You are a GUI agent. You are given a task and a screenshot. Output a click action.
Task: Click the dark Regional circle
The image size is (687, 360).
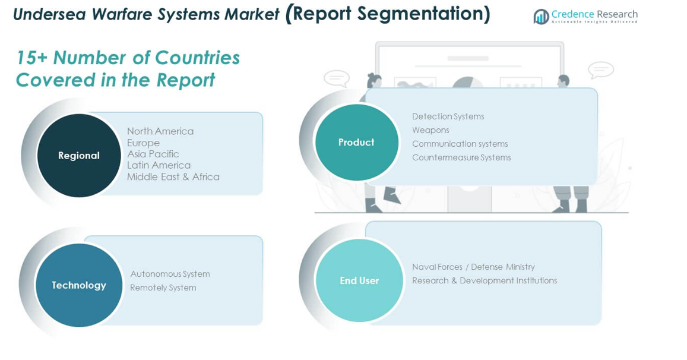pyautogui.click(x=79, y=156)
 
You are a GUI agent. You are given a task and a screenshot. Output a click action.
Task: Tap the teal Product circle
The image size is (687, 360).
pyautogui.click(x=356, y=143)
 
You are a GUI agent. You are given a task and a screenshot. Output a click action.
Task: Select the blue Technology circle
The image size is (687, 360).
pyautogui.click(x=79, y=285)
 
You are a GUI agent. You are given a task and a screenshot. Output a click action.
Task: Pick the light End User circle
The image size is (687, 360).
pyautogui.click(x=359, y=280)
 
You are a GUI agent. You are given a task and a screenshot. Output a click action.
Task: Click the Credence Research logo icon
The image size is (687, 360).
pyautogui.click(x=540, y=17)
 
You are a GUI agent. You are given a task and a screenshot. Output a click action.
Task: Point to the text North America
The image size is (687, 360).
pyautogui.click(x=160, y=131)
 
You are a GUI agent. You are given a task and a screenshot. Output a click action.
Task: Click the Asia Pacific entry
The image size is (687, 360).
pyautogui.click(x=153, y=154)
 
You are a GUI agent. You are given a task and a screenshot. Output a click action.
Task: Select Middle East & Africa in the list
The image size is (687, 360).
pyautogui.click(x=173, y=176)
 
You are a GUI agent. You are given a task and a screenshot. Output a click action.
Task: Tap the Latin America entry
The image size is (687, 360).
pyautogui.click(x=159, y=165)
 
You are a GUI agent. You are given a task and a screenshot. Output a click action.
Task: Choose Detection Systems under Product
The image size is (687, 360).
pyautogui.click(x=448, y=116)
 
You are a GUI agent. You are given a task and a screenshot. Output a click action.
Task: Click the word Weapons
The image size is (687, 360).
pyautogui.click(x=430, y=130)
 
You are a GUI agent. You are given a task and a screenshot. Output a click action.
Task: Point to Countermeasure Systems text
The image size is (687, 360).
pyautogui.click(x=461, y=157)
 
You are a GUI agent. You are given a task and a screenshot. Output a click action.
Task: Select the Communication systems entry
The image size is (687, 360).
pyautogui.click(x=460, y=144)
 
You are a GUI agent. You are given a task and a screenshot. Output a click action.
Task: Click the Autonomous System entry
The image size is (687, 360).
pyautogui.click(x=170, y=274)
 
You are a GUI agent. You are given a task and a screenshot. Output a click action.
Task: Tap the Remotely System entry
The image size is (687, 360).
pyautogui.click(x=163, y=288)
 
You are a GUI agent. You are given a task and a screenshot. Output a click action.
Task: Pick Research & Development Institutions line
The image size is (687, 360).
pyautogui.click(x=485, y=280)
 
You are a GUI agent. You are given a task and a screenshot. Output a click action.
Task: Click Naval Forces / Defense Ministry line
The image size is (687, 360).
pyautogui.click(x=473, y=267)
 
